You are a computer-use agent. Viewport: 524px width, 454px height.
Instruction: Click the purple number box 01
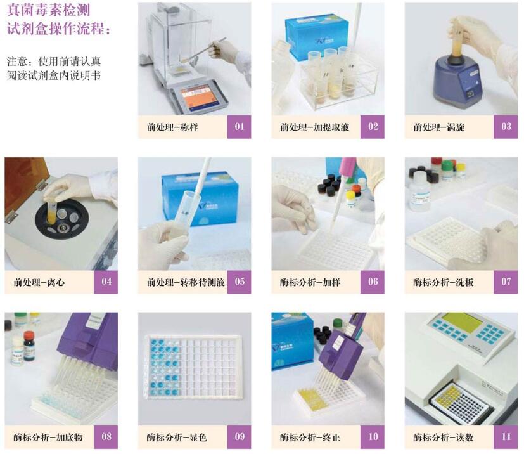(x=239, y=127)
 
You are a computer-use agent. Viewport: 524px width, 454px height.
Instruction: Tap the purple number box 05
(x=239, y=282)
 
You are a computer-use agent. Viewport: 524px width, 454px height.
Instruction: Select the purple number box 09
(x=239, y=437)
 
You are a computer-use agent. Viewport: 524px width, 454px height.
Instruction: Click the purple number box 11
(x=506, y=437)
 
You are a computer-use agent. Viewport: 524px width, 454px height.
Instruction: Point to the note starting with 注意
(x=53, y=68)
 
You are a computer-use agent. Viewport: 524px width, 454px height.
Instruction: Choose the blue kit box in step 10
(x=291, y=336)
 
